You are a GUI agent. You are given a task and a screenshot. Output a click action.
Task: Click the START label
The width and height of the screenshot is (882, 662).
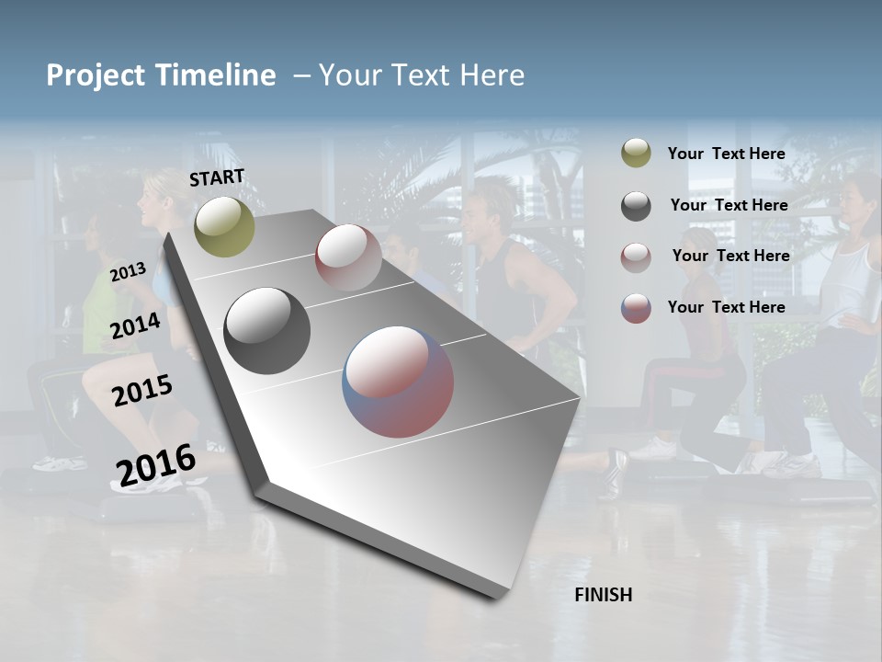coord(217,177)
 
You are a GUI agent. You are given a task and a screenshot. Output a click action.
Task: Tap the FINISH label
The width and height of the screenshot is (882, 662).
coord(603,595)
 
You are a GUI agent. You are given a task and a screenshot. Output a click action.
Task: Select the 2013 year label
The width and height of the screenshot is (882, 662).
coord(128,272)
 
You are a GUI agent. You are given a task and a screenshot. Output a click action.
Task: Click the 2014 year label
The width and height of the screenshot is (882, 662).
coord(135,325)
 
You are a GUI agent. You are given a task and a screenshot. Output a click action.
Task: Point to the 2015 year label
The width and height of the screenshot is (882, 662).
coord(141,391)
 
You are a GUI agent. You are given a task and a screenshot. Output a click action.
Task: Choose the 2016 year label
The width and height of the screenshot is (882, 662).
coord(155,465)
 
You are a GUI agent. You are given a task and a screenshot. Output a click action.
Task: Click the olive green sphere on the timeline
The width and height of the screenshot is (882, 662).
coord(225,226)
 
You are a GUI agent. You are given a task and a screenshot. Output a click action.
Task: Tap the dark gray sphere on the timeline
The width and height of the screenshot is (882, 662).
coord(266,331)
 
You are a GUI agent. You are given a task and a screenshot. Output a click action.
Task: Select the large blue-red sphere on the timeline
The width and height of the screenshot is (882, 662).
coord(398,382)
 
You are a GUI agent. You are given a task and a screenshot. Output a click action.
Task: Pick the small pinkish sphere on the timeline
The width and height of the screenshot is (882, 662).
coord(348,257)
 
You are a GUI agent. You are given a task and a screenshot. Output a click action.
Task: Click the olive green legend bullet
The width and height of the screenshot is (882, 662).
coord(636,154)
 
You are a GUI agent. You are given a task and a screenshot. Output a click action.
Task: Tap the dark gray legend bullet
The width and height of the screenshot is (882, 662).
coord(636,206)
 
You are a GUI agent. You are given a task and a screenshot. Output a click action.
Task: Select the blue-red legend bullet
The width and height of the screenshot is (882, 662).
coord(636,308)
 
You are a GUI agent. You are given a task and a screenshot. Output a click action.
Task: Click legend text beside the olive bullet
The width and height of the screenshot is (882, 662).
coord(726,154)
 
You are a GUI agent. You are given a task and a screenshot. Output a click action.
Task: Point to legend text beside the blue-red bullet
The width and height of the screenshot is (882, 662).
coord(726,307)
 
